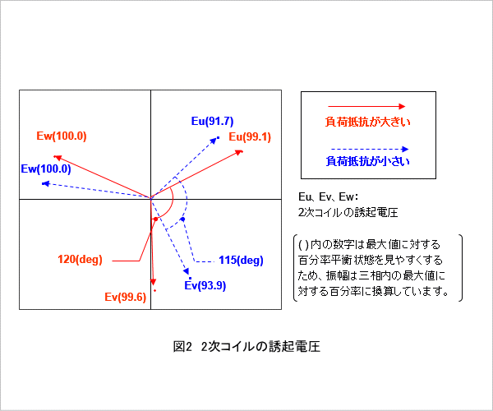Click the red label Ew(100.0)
point(62,136)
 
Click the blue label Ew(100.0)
point(46,169)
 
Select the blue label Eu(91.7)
point(213,121)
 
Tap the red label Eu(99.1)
point(250,136)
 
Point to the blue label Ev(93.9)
point(205,285)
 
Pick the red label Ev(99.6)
point(126,297)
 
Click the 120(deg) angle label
point(81,260)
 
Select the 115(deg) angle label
point(241,260)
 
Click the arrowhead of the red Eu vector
point(240,153)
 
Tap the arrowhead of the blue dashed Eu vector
point(214,141)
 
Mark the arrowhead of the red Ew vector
point(58,157)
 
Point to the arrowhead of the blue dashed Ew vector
point(45,183)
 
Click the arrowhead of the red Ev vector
point(153,281)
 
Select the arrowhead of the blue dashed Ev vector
point(187,271)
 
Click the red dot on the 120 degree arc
point(155,219)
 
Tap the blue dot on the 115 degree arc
point(183,219)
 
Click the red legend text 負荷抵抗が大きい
point(367,122)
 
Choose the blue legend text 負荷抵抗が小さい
point(368,161)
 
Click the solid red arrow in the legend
point(366,107)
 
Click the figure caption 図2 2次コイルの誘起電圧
point(246,347)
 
